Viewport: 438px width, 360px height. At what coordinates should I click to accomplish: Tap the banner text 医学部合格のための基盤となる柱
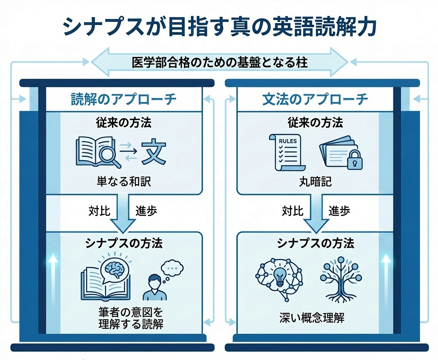tap(220, 63)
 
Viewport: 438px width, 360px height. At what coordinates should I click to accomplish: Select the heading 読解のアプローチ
tap(124, 99)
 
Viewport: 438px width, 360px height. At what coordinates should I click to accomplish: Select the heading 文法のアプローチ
tap(315, 99)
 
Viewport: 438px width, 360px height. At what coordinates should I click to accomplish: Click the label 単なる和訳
tap(124, 181)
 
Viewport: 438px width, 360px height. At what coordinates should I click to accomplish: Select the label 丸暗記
tap(315, 181)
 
